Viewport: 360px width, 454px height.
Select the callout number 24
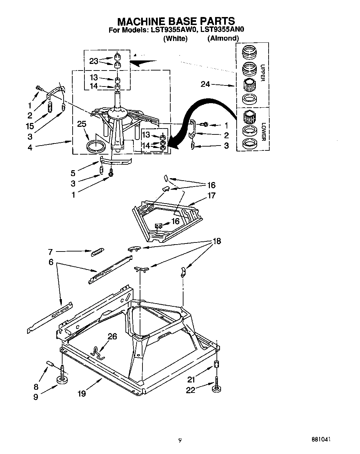point(205,84)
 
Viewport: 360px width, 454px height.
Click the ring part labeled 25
point(96,146)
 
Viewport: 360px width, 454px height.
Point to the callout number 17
point(211,195)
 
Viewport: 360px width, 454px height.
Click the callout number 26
point(112,336)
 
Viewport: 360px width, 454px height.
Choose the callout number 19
point(81,393)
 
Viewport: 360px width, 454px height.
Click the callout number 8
point(36,387)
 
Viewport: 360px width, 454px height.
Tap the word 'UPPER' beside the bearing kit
point(262,73)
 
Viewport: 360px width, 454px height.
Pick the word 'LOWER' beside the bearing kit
point(263,132)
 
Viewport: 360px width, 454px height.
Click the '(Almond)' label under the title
point(223,38)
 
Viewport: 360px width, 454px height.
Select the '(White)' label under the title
point(175,39)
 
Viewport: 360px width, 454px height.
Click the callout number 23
point(94,61)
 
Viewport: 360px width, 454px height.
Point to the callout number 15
point(30,126)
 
